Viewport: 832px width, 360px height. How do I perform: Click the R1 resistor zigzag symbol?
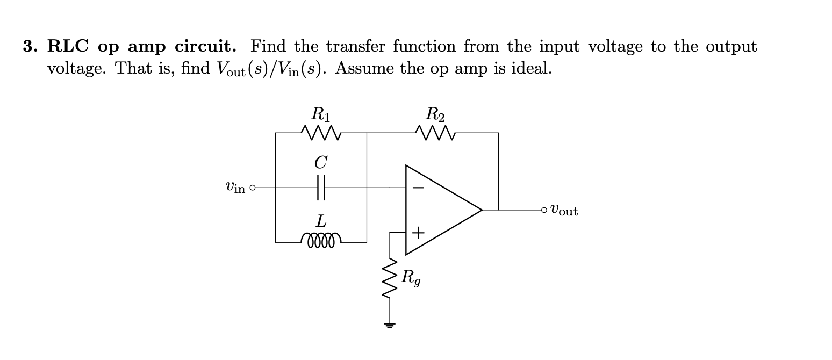(320, 132)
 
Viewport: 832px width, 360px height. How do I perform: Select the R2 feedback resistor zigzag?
(435, 132)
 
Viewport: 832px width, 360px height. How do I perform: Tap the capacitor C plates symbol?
(321, 188)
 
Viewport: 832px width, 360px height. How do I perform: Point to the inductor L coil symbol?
(321, 240)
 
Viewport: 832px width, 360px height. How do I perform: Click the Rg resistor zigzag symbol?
(390, 279)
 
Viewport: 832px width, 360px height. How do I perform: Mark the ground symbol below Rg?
(390, 325)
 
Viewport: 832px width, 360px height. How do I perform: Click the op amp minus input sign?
(419, 188)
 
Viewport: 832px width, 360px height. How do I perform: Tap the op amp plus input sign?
(419, 233)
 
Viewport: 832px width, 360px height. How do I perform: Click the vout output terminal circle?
(544, 210)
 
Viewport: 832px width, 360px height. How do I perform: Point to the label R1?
(321, 114)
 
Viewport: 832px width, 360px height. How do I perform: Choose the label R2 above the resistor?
(435, 114)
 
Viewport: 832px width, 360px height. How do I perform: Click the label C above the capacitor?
(321, 162)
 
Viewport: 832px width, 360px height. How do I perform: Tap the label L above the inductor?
(320, 220)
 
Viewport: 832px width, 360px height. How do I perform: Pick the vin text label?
(235, 188)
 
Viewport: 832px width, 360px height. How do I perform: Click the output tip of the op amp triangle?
(482, 210)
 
